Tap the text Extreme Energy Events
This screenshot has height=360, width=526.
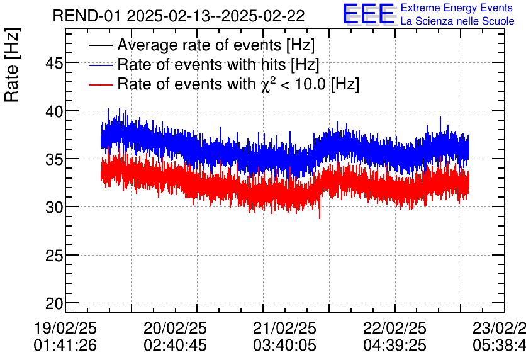click(x=456, y=8)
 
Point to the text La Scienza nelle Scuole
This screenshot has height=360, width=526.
click(x=457, y=21)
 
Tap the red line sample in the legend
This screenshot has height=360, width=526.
click(x=101, y=84)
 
